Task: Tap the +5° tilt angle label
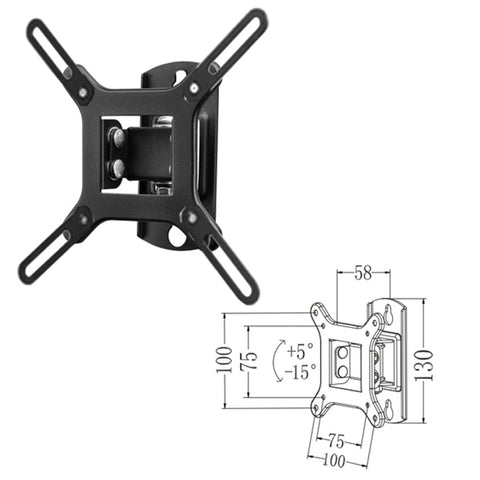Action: point(300,352)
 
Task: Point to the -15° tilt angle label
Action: point(299,372)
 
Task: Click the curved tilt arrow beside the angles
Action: point(277,361)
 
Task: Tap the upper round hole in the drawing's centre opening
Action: point(343,353)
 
